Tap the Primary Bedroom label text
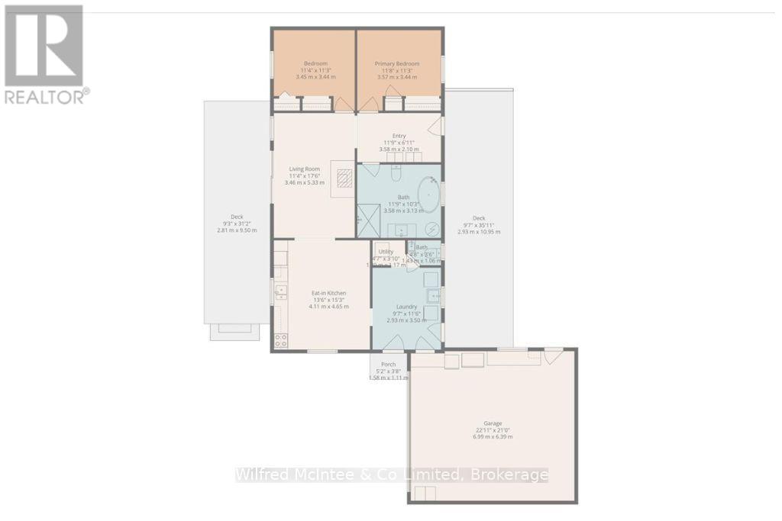[x=399, y=63]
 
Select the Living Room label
[x=304, y=169]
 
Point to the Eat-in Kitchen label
[x=328, y=293]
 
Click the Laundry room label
[x=406, y=307]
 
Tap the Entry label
[x=399, y=136]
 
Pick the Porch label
[x=388, y=365]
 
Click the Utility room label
[x=386, y=251]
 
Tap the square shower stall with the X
[x=369, y=222]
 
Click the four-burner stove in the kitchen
[x=280, y=340]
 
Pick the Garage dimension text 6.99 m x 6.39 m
[x=492, y=436]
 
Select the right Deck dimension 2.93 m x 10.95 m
[x=479, y=232]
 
